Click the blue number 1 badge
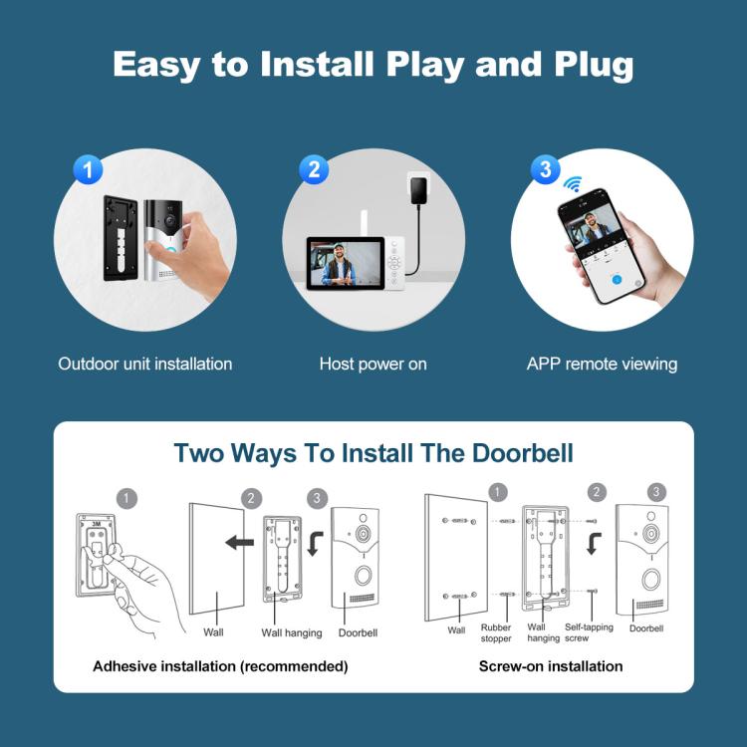[x=89, y=169]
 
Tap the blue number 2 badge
[x=313, y=169]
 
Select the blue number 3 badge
[x=544, y=169]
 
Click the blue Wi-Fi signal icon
[x=573, y=184]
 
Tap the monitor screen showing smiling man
[x=346, y=264]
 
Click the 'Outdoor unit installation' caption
[x=145, y=364]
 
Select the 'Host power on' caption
[x=373, y=364]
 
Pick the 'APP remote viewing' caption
[x=602, y=364]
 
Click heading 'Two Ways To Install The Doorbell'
[x=373, y=452]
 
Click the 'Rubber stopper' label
[x=496, y=632]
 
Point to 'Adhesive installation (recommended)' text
[x=220, y=666]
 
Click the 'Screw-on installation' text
[x=551, y=666]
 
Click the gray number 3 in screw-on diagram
[x=656, y=492]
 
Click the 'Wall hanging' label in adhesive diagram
[x=292, y=632]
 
